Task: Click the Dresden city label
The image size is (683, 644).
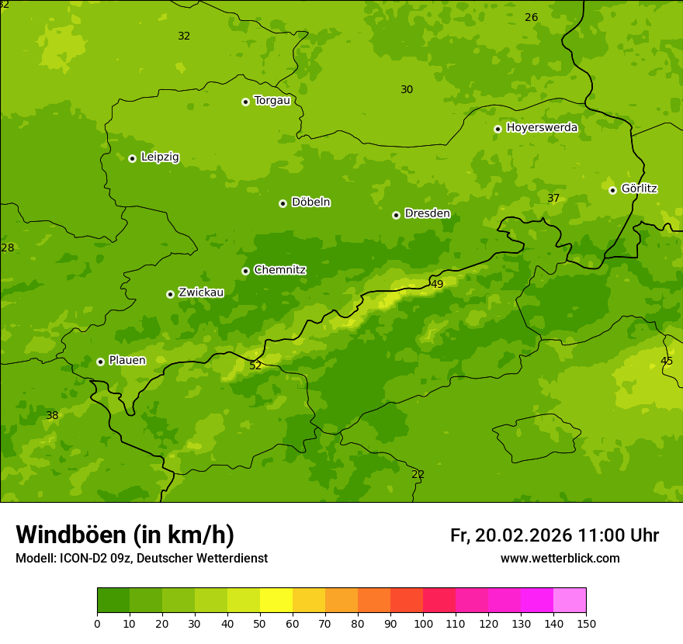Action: tap(427, 213)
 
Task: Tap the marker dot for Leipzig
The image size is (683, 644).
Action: tap(132, 158)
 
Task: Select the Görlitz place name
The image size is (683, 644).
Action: tap(639, 189)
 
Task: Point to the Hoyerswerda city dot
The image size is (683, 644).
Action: tap(498, 129)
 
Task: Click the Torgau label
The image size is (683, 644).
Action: tap(272, 101)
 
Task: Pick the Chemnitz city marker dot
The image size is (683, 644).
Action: tap(245, 271)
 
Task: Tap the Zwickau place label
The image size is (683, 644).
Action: tap(201, 293)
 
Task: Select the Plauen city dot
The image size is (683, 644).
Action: tap(100, 362)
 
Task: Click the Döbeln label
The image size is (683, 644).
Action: tap(310, 202)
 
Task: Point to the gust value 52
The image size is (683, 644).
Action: tap(255, 366)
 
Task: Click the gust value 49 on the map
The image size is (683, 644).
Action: tap(437, 285)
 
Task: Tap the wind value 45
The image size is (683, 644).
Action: tap(667, 362)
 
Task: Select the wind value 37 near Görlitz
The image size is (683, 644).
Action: tap(553, 199)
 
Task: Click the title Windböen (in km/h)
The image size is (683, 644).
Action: tap(125, 535)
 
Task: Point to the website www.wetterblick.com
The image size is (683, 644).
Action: tap(560, 559)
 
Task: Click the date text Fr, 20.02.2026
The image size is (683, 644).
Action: tap(511, 535)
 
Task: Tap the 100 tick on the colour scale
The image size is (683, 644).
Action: tap(423, 623)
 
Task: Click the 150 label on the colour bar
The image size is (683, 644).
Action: tap(585, 623)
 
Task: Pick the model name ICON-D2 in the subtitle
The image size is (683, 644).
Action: tap(84, 559)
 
